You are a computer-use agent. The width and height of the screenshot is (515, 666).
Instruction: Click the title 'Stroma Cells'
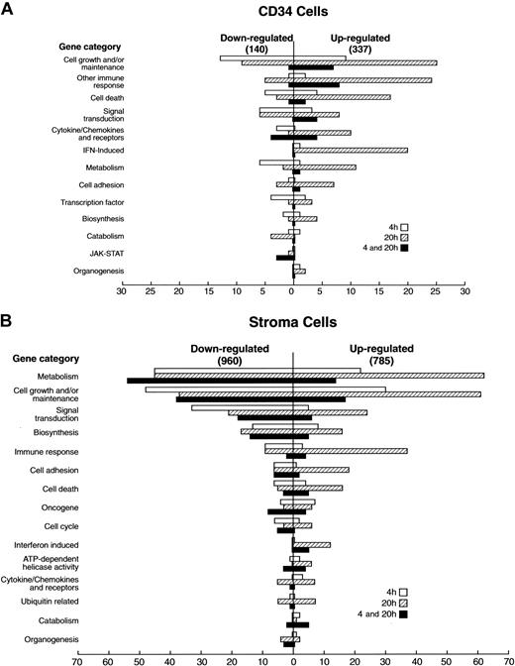[293, 322]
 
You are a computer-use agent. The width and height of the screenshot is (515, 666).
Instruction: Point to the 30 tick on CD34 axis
[122, 293]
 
